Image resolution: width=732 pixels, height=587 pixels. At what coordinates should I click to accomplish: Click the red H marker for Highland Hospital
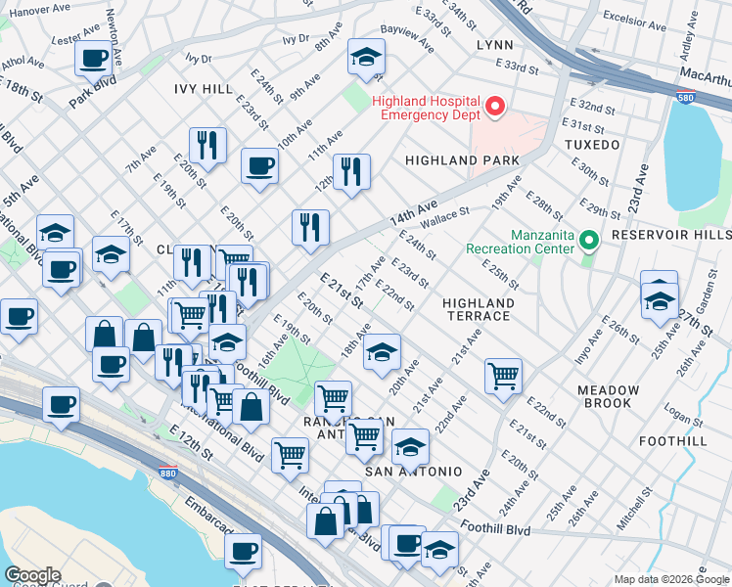[495, 107]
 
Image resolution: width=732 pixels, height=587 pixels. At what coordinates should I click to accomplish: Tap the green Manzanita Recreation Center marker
[587, 240]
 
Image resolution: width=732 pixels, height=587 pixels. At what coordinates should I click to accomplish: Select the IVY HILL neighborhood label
[204, 89]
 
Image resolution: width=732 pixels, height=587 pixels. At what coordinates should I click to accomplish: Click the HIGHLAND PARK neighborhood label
[462, 160]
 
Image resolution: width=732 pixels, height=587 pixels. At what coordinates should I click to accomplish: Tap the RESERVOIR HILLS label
[670, 236]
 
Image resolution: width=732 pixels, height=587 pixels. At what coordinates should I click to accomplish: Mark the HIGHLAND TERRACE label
[477, 309]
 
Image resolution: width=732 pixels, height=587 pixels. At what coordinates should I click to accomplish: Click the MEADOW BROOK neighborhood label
[608, 396]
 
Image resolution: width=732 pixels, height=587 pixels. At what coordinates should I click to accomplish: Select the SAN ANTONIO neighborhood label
[413, 472]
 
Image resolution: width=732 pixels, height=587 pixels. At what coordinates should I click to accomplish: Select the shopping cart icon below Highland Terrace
[503, 375]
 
